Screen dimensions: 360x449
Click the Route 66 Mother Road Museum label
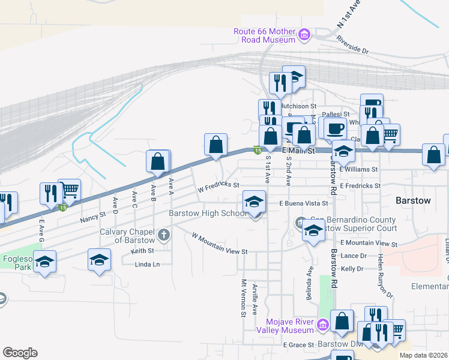pos(265,35)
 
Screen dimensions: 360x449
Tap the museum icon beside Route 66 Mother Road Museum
pos(304,35)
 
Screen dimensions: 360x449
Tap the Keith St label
pos(142,251)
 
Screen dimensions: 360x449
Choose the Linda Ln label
pos(147,265)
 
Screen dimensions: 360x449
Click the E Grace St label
pos(299,345)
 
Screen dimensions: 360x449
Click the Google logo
pos(20,352)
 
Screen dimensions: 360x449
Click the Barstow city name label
pos(413,200)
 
